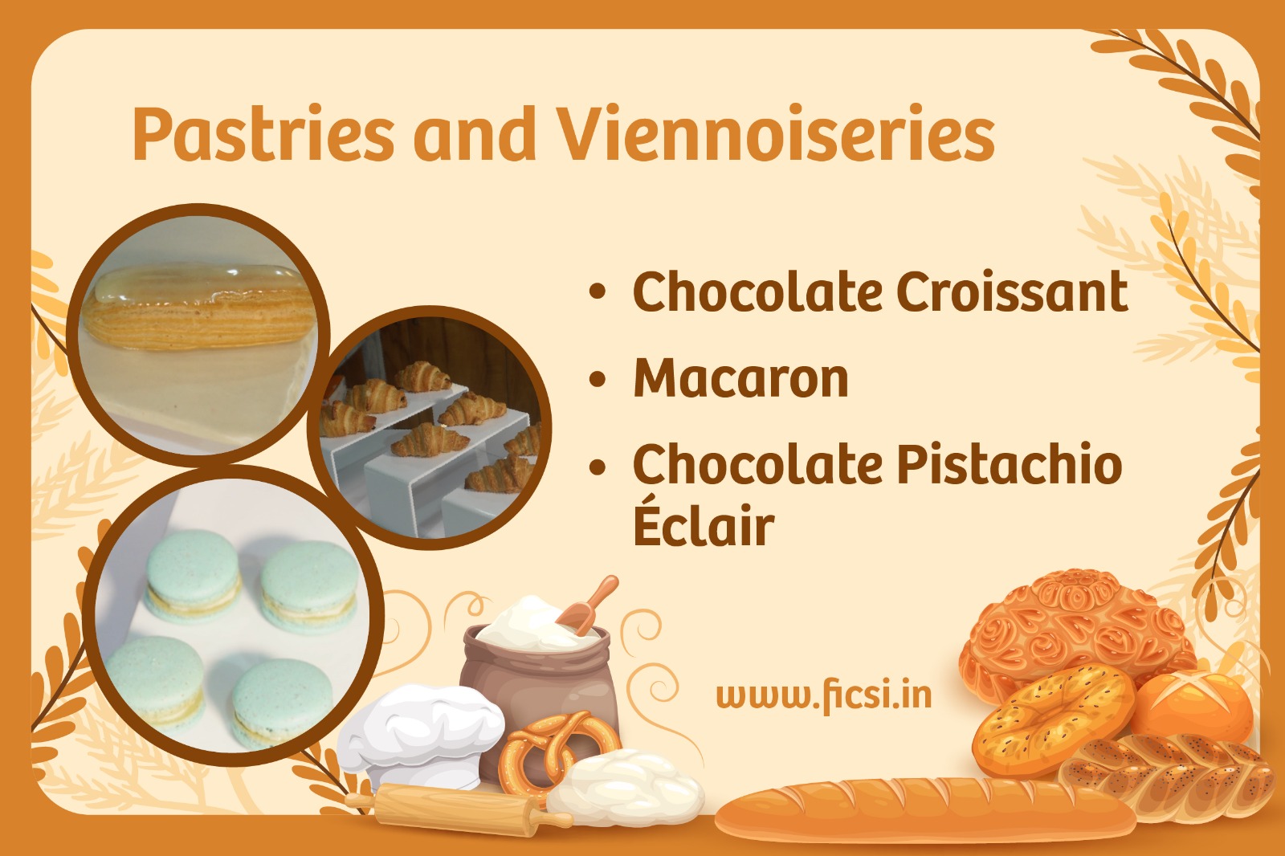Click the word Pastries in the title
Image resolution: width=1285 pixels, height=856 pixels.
tap(263, 133)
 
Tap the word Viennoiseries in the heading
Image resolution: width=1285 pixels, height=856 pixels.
tap(776, 133)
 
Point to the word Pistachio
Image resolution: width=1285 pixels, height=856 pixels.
tap(1009, 464)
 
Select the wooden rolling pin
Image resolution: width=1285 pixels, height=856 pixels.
tap(458, 807)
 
